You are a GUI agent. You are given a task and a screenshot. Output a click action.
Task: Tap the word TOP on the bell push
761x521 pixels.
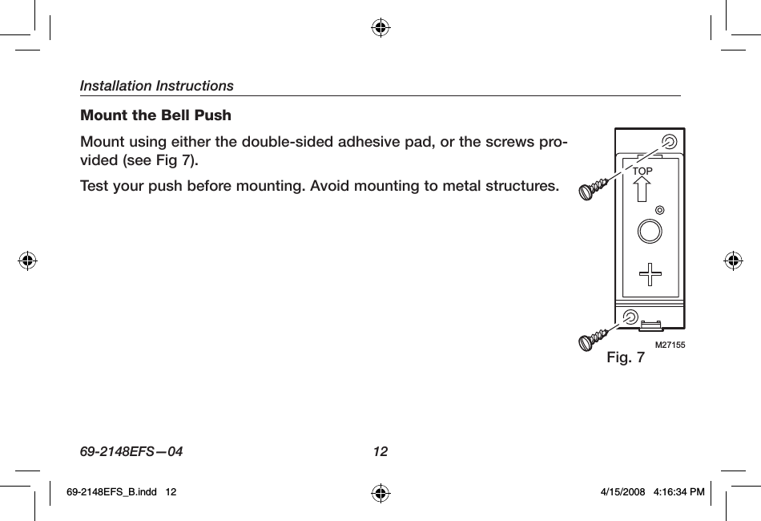point(642,172)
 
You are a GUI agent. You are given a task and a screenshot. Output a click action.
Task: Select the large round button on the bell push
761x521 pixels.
point(650,232)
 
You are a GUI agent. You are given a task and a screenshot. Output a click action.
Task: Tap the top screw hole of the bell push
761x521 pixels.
point(669,142)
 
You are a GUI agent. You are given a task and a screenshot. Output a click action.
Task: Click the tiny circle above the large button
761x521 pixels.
point(660,210)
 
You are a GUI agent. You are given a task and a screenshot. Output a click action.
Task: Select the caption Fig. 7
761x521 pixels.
point(626,357)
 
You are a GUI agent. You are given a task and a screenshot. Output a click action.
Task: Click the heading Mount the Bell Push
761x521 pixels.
point(155,115)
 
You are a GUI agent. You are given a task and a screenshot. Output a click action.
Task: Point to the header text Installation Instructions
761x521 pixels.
point(157,85)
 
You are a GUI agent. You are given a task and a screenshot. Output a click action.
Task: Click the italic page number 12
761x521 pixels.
point(380,451)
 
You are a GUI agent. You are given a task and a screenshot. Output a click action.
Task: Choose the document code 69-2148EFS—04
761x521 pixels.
point(131,451)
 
